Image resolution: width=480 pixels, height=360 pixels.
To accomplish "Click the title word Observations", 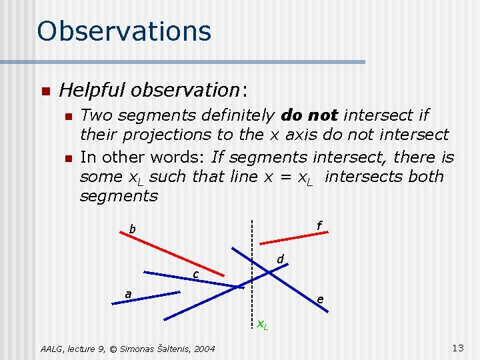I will (124, 31).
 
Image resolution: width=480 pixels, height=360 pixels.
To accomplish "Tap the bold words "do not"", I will (310, 115).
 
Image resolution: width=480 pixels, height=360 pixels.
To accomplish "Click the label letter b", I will (132, 230).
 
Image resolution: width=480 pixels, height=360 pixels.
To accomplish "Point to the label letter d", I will (281, 259).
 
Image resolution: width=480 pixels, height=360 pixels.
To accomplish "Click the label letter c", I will (195, 275).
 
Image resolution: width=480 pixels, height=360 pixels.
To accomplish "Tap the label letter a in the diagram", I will (128, 294).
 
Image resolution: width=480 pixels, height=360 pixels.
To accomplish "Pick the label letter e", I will (321, 300).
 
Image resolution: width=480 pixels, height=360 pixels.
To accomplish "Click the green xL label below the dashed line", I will (263, 325).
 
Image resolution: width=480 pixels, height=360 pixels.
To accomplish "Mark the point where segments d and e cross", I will (269, 271).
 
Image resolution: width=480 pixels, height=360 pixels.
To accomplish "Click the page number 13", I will (457, 347).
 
